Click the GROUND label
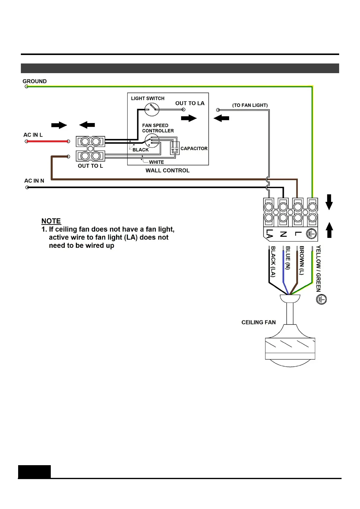click(x=34, y=81)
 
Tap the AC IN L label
click(x=33, y=135)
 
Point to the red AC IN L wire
click(x=47, y=141)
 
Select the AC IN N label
click(x=34, y=181)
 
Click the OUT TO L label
click(x=90, y=166)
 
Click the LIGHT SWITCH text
click(x=148, y=99)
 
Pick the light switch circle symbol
click(x=152, y=109)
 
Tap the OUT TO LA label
click(x=190, y=103)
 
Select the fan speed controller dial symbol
click(x=152, y=141)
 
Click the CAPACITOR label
click(x=194, y=148)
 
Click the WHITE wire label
click(x=156, y=162)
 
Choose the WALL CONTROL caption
click(x=167, y=170)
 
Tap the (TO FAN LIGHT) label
click(x=250, y=105)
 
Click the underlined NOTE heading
click(x=51, y=221)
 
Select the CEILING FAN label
click(x=258, y=323)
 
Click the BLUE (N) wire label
click(x=288, y=258)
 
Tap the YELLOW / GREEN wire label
click(x=318, y=268)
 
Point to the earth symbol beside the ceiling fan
click(x=321, y=300)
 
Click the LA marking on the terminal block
click(x=269, y=234)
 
